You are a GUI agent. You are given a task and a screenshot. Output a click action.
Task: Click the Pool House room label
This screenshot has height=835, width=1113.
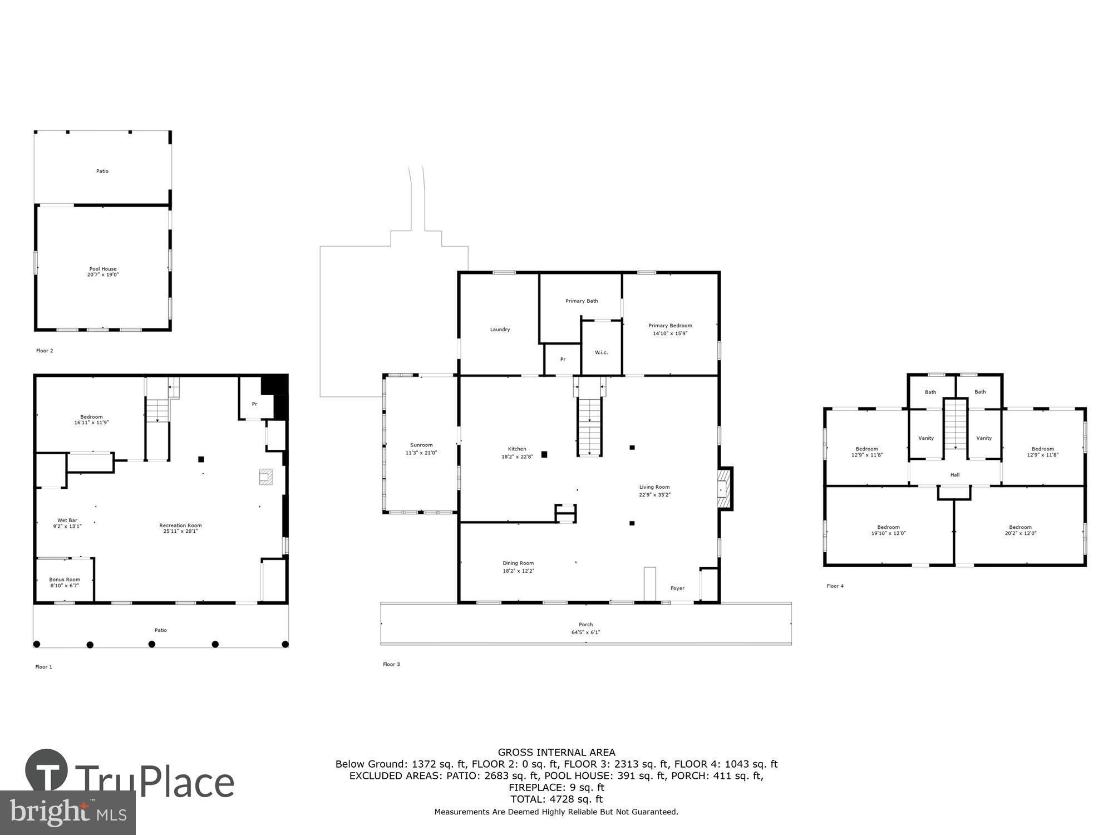(x=103, y=272)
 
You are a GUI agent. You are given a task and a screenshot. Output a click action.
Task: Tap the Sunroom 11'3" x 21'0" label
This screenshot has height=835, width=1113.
(x=421, y=449)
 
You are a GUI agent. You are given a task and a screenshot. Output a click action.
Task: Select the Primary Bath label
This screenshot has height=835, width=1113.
(x=582, y=301)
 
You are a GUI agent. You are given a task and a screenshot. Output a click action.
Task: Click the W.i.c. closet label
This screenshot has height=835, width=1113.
(x=601, y=352)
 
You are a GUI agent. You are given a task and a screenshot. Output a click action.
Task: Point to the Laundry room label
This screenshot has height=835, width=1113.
(x=500, y=330)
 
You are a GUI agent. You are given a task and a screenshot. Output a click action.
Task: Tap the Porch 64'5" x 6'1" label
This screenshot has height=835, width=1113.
(x=585, y=628)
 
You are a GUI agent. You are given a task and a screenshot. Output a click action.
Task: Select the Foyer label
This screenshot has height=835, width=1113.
(x=677, y=588)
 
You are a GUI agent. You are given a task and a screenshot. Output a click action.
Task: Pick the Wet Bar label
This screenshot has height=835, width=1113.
(x=67, y=523)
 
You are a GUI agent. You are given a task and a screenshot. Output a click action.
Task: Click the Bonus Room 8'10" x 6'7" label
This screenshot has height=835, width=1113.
(x=65, y=582)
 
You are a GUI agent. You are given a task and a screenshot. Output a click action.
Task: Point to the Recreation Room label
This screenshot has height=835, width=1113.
(x=180, y=528)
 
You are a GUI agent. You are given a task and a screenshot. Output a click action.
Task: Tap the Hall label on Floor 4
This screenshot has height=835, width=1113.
(x=955, y=475)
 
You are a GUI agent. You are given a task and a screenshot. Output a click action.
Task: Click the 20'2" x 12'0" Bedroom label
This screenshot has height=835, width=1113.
(x=1020, y=530)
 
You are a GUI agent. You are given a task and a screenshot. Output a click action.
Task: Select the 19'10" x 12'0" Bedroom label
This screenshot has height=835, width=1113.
(x=888, y=530)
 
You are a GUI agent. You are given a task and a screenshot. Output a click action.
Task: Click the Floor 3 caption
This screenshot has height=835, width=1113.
(x=391, y=664)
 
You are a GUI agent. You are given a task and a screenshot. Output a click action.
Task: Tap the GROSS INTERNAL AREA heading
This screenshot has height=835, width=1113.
(x=556, y=752)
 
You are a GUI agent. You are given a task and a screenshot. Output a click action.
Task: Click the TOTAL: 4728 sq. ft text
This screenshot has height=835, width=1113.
(x=556, y=799)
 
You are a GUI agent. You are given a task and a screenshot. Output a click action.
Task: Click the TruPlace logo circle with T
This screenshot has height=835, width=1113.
(x=46, y=770)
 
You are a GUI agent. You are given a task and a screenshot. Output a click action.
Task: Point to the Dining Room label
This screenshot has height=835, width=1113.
(x=518, y=567)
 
